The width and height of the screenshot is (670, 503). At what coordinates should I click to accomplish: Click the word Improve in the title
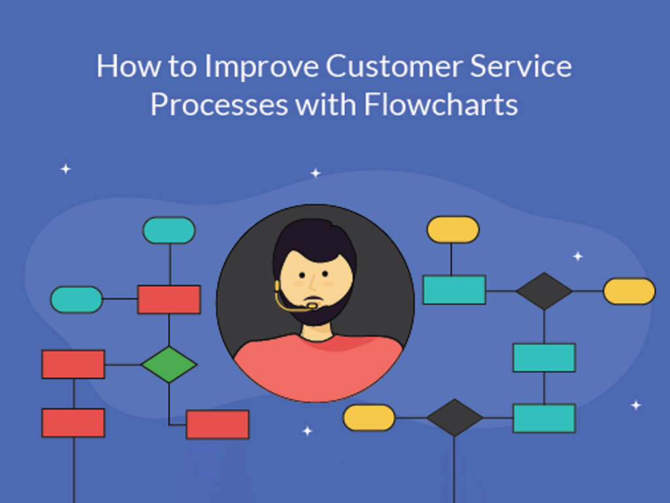point(262,67)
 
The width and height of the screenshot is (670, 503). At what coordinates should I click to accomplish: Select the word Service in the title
point(521,66)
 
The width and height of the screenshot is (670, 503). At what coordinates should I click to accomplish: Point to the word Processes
point(219,104)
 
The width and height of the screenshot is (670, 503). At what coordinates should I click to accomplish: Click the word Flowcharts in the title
point(441,104)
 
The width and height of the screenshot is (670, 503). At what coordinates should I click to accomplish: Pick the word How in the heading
point(128,66)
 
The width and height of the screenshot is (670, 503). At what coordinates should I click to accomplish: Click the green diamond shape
point(169,364)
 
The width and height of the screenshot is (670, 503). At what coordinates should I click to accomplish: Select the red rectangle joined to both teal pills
point(169,299)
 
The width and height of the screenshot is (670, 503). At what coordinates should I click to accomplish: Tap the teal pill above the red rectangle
point(169,230)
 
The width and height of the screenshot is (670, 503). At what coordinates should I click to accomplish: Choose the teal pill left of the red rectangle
point(77,299)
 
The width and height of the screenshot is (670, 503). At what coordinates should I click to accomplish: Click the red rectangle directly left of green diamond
point(73,364)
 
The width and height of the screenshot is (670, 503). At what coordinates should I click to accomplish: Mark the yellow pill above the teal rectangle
point(453,229)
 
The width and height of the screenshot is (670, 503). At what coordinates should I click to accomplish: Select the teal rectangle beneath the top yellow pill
point(454,290)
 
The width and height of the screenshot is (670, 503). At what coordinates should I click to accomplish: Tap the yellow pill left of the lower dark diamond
point(369,417)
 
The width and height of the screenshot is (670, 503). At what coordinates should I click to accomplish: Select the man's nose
point(313,283)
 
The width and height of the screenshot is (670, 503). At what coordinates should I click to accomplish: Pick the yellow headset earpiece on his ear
point(277,286)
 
